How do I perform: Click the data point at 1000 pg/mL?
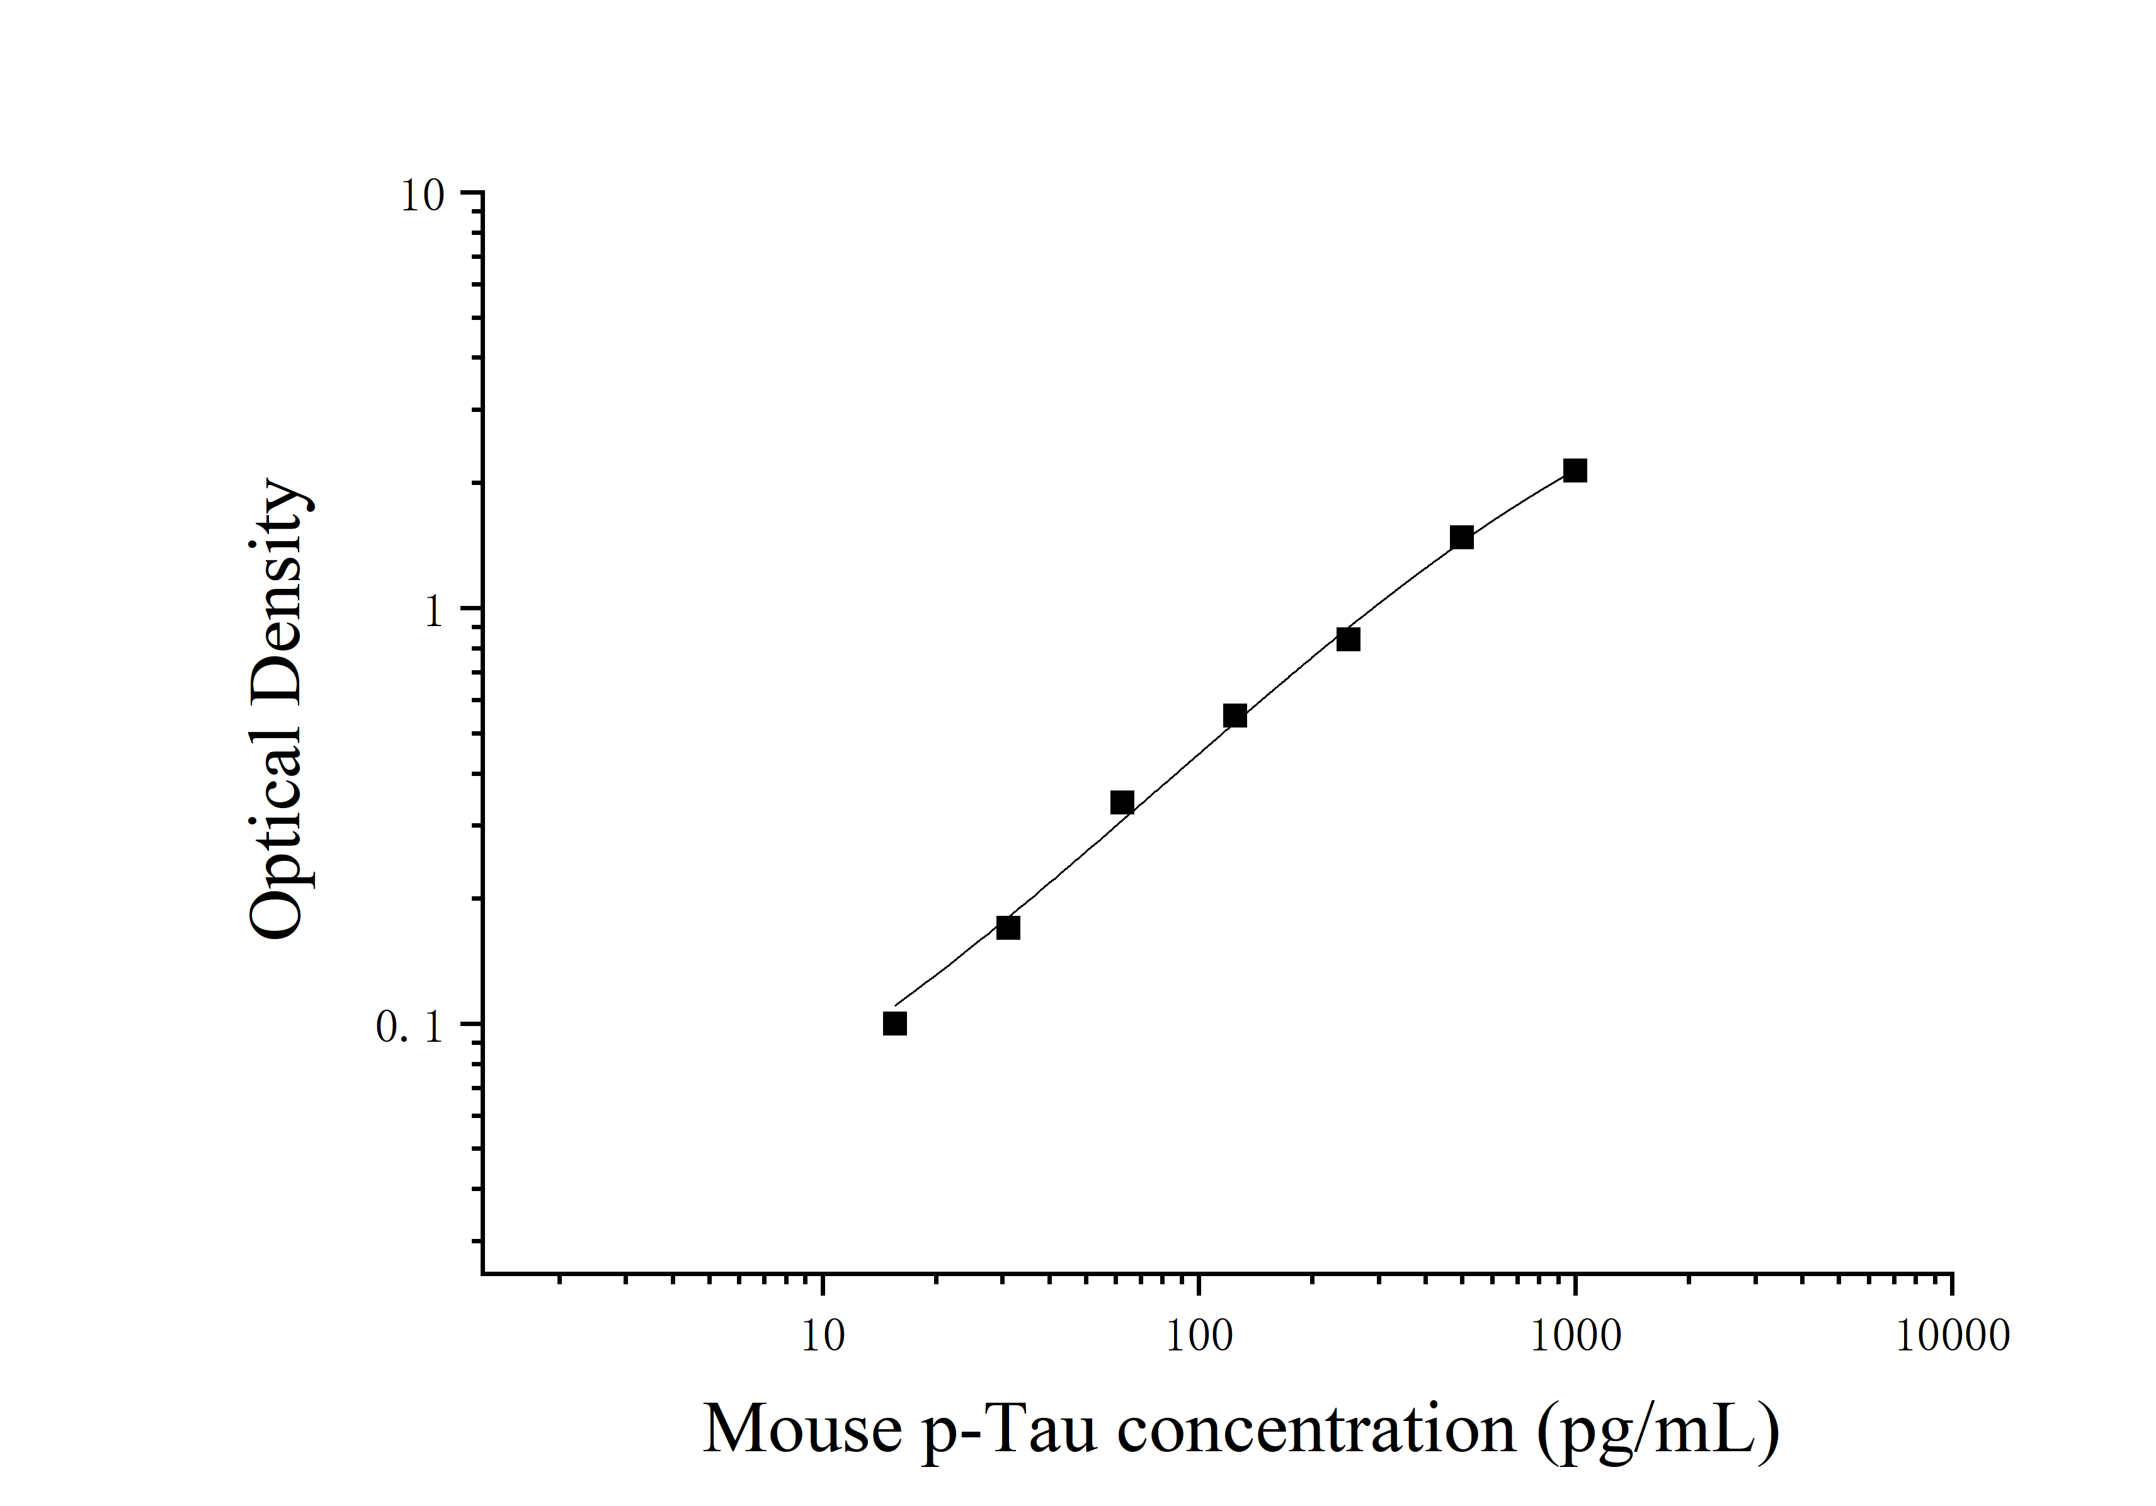(1575, 471)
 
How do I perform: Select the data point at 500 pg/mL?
(1461, 538)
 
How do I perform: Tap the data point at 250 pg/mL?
(1347, 639)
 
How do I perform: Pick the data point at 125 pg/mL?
(1235, 716)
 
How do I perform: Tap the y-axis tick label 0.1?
(409, 1027)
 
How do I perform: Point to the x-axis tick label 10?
(823, 1336)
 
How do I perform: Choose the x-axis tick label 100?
(1199, 1336)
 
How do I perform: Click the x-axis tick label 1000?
(1576, 1336)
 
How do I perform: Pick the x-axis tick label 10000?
(1952, 1336)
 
